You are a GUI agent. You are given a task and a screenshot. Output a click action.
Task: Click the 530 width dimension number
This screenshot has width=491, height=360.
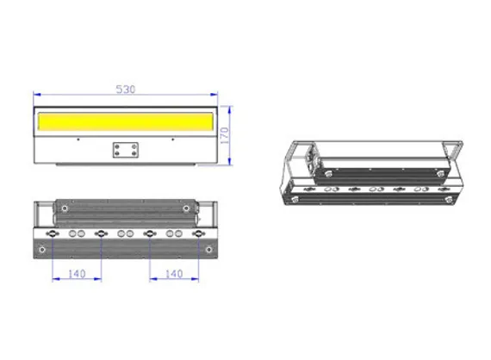(x=126, y=89)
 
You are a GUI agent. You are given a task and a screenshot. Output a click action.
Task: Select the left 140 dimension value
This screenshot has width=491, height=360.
(x=77, y=273)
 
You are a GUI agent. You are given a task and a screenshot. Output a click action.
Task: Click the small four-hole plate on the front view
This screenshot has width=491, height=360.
(x=126, y=150)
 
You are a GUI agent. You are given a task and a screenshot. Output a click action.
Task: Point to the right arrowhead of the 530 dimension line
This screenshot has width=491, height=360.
(x=215, y=94)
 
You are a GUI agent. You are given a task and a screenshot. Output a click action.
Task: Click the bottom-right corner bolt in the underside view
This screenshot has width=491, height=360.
(x=208, y=249)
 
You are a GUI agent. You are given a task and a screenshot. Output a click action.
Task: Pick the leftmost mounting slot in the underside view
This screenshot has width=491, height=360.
(x=53, y=233)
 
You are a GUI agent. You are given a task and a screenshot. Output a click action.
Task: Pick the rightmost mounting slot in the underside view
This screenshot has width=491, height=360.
(x=199, y=233)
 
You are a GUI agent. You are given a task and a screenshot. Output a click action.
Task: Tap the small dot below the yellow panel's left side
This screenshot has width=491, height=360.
(x=78, y=138)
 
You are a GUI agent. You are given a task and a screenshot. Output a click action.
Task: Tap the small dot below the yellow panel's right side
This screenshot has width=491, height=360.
(x=173, y=138)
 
